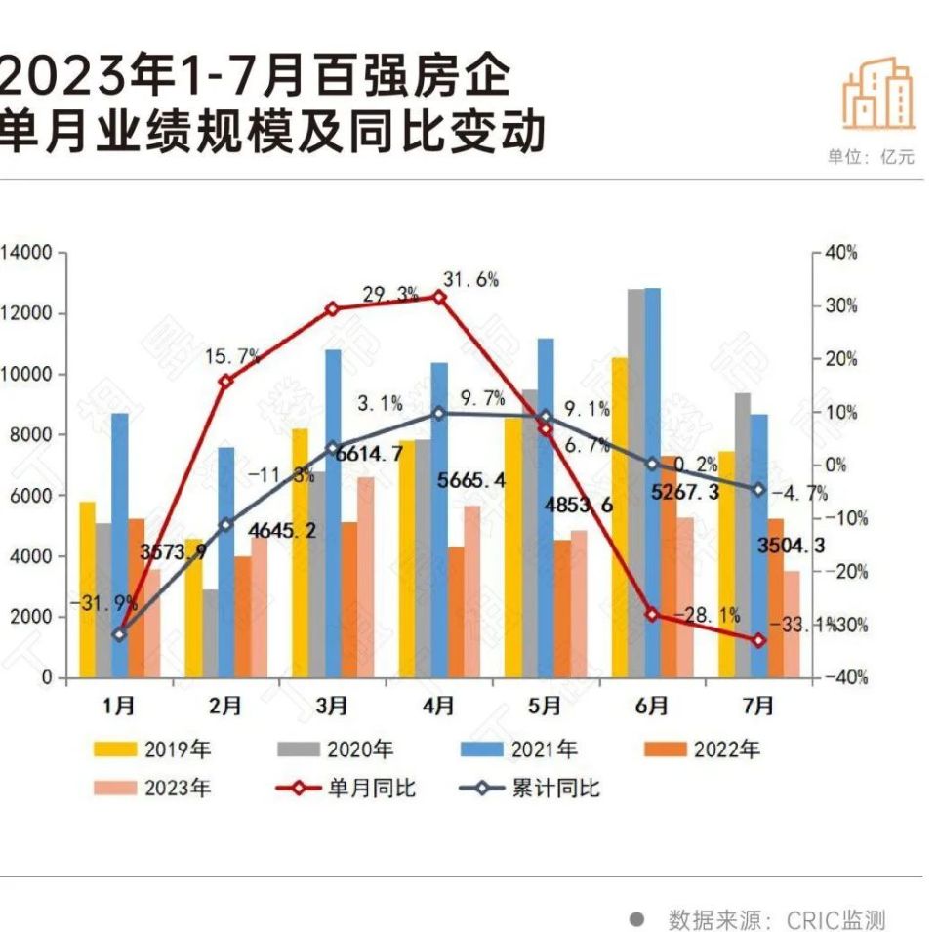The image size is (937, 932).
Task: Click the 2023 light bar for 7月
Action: click(792, 624)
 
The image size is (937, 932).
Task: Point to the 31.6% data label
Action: click(470, 280)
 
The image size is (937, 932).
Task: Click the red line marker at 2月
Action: click(225, 382)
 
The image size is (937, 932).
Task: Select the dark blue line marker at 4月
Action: click(439, 414)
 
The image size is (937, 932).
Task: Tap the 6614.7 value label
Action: click(369, 453)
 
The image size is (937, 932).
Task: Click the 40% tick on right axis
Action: click(840, 253)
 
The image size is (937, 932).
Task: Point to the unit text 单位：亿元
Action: click(871, 157)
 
